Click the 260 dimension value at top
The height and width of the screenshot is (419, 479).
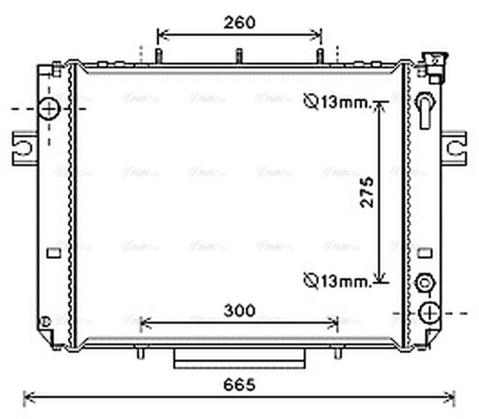239,23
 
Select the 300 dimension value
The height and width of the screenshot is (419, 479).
239,311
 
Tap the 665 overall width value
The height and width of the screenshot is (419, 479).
239,385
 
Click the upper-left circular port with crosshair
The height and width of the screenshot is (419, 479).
49,109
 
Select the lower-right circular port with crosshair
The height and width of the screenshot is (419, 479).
429,312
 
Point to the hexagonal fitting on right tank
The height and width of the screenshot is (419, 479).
426,282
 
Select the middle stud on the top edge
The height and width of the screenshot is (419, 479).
238,56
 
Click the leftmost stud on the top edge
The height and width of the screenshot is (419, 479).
159,56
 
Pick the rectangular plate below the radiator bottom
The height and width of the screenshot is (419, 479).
239,359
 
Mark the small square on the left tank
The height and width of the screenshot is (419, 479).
54,253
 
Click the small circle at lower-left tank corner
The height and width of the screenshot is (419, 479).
44,321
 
